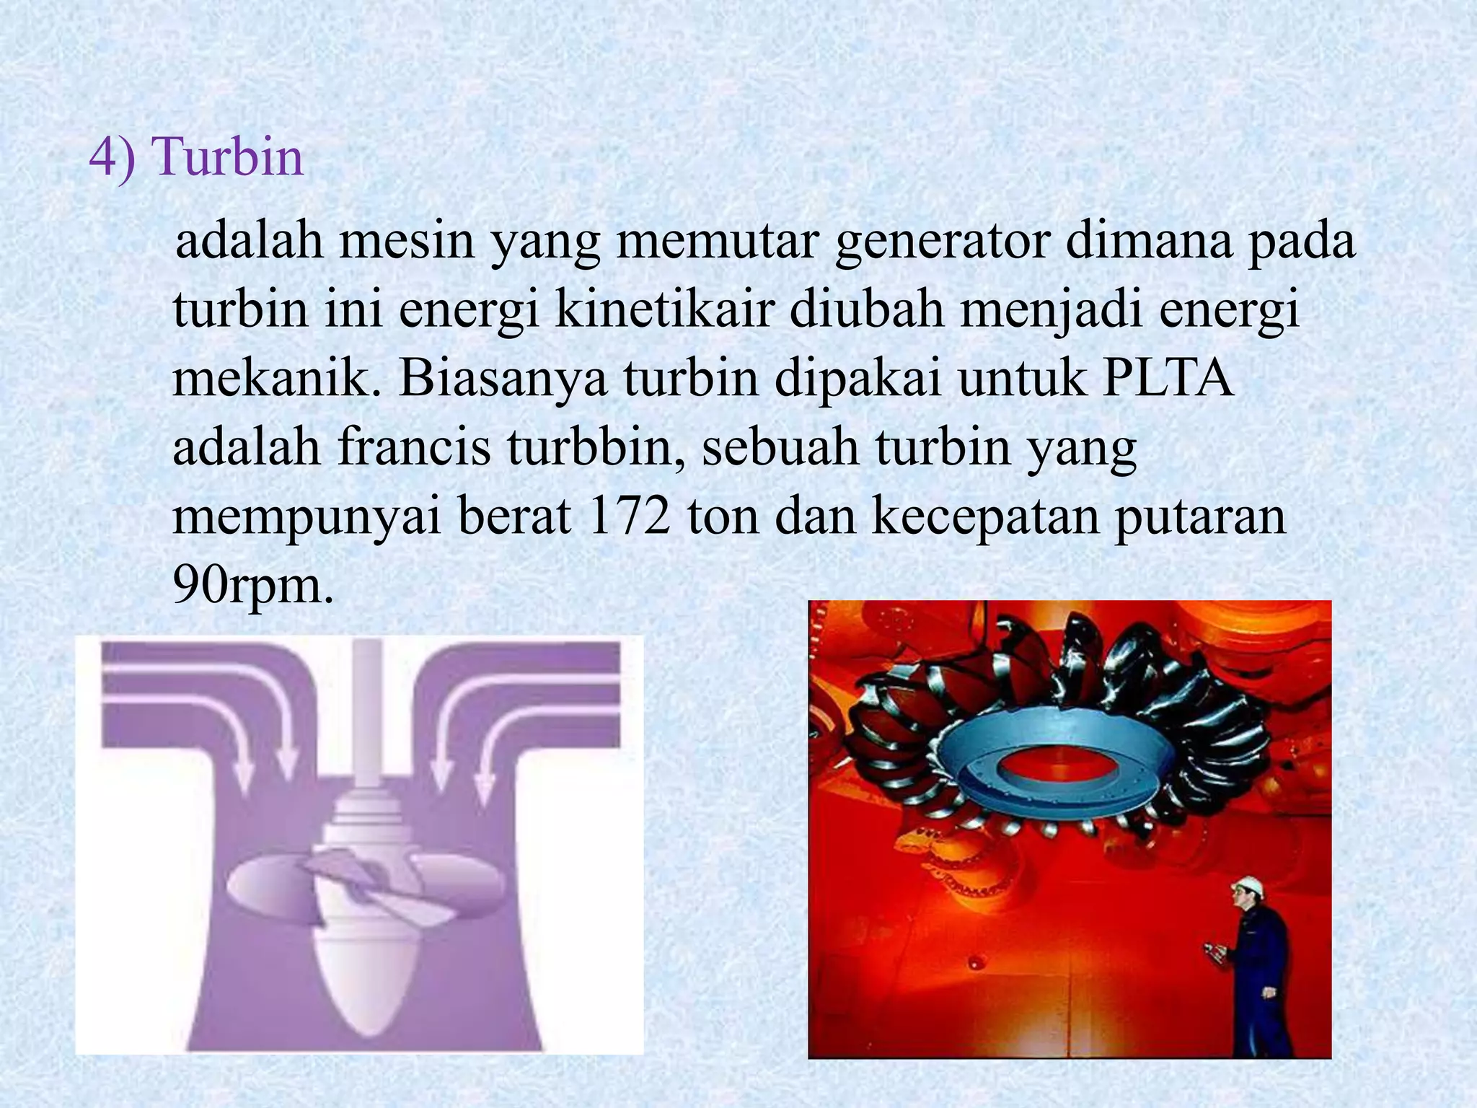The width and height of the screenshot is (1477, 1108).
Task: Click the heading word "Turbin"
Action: (x=228, y=157)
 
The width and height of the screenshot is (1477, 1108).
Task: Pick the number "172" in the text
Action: (x=629, y=516)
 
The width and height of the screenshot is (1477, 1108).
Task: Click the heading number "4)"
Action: (x=112, y=157)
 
